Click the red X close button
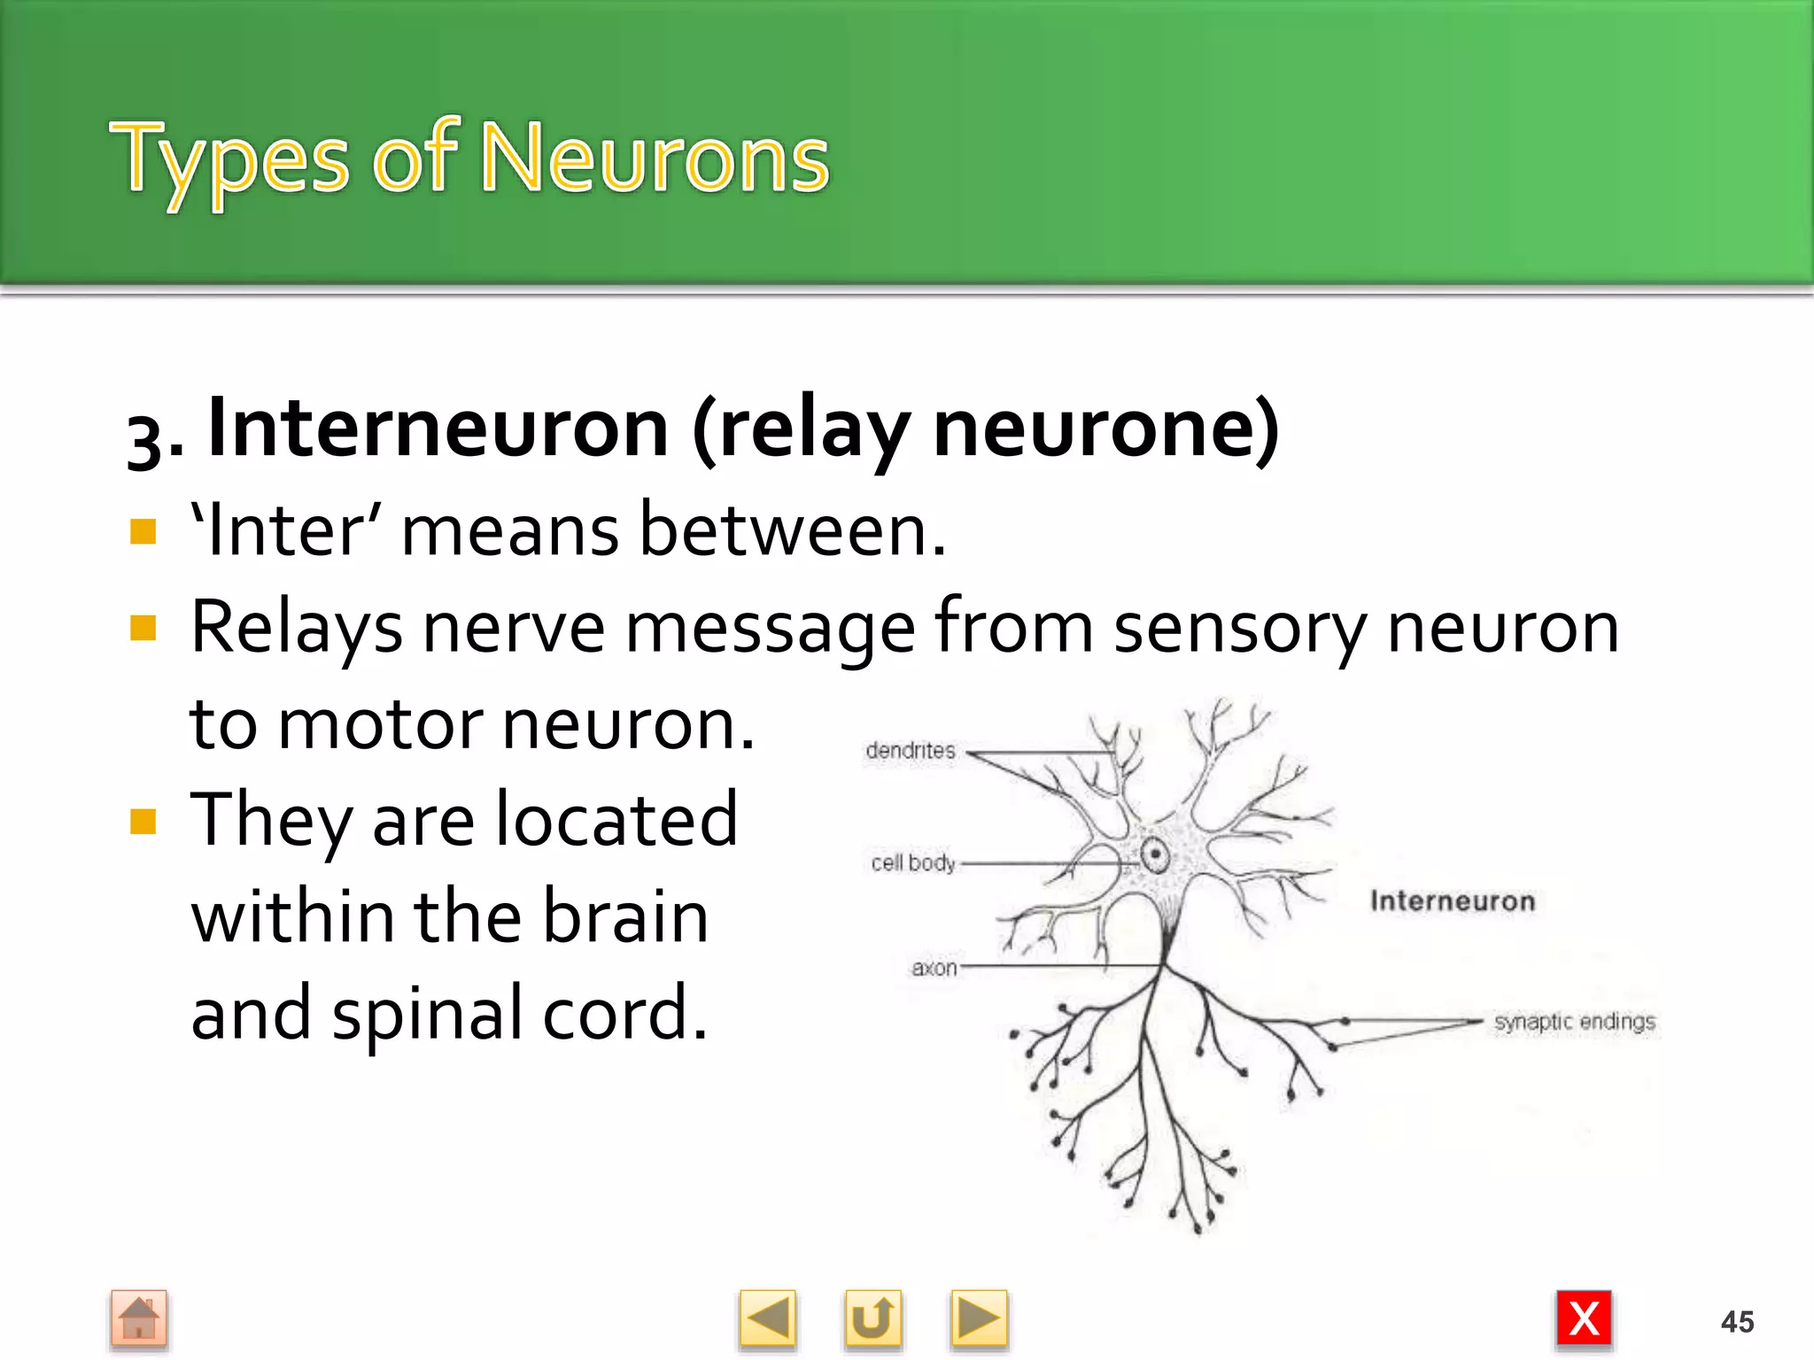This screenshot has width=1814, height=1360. [x=1584, y=1318]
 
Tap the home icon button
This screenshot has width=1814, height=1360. [x=139, y=1318]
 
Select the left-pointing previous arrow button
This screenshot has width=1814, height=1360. [x=767, y=1318]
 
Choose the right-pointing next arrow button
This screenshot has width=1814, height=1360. [x=978, y=1318]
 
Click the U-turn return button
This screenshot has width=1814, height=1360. [x=872, y=1318]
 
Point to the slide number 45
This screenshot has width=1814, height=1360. [x=1737, y=1322]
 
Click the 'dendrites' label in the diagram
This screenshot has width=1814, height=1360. [x=911, y=751]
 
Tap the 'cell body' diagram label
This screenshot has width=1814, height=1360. [x=913, y=862]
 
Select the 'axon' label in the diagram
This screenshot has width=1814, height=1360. [x=934, y=968]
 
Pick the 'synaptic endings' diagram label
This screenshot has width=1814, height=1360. [x=1574, y=1022]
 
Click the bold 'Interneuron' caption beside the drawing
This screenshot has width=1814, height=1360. [x=1452, y=901]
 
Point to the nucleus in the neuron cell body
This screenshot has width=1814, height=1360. [x=1155, y=854]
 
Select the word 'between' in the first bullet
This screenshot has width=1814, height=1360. [x=792, y=531]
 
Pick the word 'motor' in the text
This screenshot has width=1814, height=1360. [x=382, y=725]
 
